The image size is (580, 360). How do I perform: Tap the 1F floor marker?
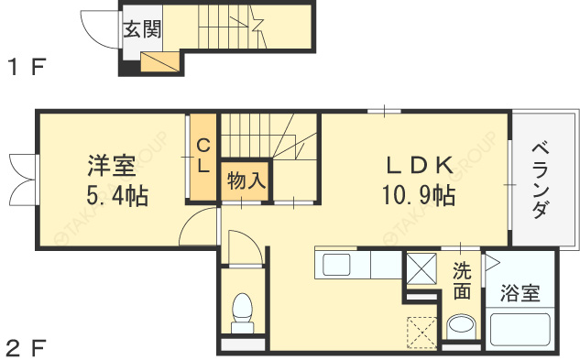[x=27, y=67]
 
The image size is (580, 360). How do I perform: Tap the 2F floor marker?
[x=27, y=347]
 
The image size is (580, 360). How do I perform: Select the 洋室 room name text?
[x=112, y=167]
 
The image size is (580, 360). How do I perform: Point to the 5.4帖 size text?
[x=118, y=195]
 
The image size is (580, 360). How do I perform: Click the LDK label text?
[x=418, y=166]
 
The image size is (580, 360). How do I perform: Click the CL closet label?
[x=203, y=156]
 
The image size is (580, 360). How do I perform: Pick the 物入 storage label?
[x=245, y=180]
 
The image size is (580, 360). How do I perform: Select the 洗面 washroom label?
[x=463, y=282]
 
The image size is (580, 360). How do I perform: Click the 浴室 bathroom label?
[x=520, y=294]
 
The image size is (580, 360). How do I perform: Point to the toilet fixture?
[x=243, y=312]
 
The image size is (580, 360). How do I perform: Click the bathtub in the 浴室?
[x=520, y=329]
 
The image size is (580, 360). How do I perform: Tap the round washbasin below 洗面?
[x=461, y=326]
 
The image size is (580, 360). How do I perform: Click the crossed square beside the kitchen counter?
[x=422, y=267]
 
